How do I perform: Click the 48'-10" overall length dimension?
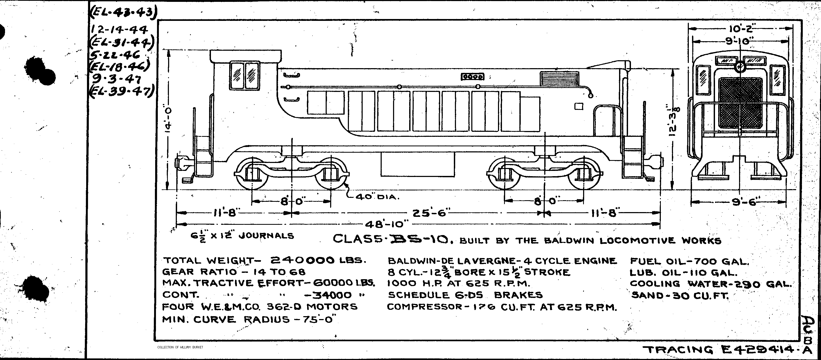[x=386, y=224]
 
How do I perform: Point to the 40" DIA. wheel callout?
[x=377, y=197]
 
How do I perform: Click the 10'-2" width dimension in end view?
[x=740, y=29]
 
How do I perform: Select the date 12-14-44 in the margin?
[x=119, y=30]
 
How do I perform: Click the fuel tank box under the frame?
[x=418, y=164]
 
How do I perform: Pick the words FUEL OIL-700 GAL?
[x=689, y=261]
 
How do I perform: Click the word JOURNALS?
[x=266, y=236]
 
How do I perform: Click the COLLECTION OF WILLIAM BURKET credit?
[x=180, y=347]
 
